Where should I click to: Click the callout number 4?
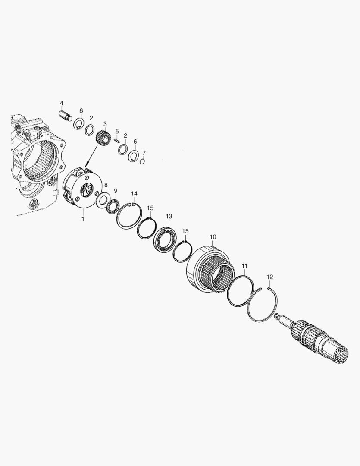click(x=61, y=103)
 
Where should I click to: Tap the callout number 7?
click(x=144, y=153)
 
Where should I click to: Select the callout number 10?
click(x=213, y=237)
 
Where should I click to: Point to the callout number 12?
click(x=270, y=276)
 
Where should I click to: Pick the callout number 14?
click(x=134, y=193)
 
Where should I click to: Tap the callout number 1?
click(x=83, y=219)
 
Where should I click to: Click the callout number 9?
click(x=115, y=190)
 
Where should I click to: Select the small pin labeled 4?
click(x=66, y=116)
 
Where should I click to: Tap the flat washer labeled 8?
click(x=103, y=199)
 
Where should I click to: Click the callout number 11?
click(x=244, y=266)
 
